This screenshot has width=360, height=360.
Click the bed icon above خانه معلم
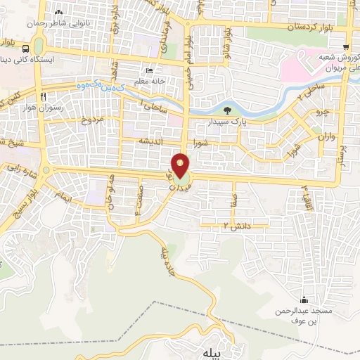point(148,71)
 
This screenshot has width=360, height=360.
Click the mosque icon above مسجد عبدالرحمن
point(304,299)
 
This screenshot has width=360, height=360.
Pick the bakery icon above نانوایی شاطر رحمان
point(58,12)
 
